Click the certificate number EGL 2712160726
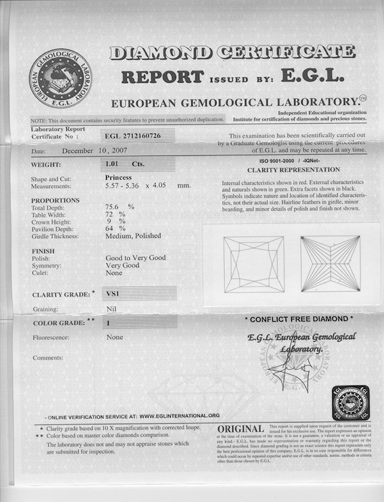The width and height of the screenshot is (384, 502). [x=133, y=136]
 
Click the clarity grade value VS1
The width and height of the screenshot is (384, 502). [x=113, y=294]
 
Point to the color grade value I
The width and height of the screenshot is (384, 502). [x=108, y=323]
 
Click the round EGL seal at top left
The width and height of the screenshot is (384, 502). [x=60, y=78]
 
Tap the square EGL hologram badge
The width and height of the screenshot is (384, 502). [x=350, y=402]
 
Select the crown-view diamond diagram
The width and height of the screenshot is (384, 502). [x=253, y=264]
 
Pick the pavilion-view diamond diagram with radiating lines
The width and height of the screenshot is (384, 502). [x=331, y=264]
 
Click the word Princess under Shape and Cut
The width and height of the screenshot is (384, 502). [x=118, y=177]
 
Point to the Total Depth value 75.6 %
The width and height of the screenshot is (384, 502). [x=119, y=207]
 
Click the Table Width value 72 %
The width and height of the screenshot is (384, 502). [x=115, y=214]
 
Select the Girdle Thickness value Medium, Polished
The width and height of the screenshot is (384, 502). [x=133, y=236]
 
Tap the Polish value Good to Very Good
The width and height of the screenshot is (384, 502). [x=135, y=257]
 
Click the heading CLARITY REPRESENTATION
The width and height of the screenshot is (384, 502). [x=293, y=170]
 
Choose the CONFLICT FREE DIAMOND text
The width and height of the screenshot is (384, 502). [x=298, y=319]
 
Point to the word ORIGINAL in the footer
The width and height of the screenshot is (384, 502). [x=241, y=430]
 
